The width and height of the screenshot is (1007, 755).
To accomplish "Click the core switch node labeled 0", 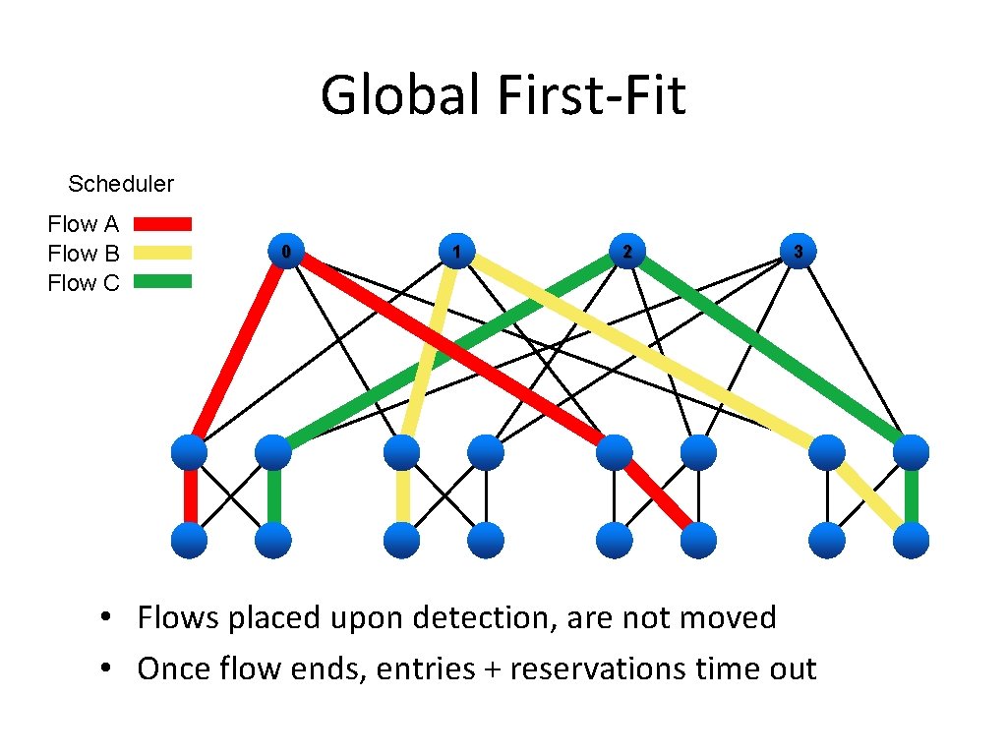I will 286,252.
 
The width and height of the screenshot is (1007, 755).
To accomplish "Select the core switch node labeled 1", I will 455,252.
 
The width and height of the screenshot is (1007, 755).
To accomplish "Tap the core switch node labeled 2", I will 626,252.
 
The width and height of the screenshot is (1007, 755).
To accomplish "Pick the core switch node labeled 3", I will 798,252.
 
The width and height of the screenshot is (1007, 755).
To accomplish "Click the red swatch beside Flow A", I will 162,224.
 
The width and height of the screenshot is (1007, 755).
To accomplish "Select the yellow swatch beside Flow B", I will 162,253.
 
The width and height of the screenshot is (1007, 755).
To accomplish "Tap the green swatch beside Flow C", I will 162,282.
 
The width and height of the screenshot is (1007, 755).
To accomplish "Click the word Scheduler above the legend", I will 121,184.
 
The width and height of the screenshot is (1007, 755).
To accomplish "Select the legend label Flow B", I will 84,254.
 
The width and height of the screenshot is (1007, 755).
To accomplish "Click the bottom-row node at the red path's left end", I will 190,541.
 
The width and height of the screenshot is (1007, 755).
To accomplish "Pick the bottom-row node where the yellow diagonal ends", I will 912,541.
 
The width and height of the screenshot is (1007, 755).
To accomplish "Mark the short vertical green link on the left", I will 274,496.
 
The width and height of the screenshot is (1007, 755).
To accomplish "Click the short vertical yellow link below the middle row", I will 402,496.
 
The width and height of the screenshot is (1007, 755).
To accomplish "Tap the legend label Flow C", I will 84,283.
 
